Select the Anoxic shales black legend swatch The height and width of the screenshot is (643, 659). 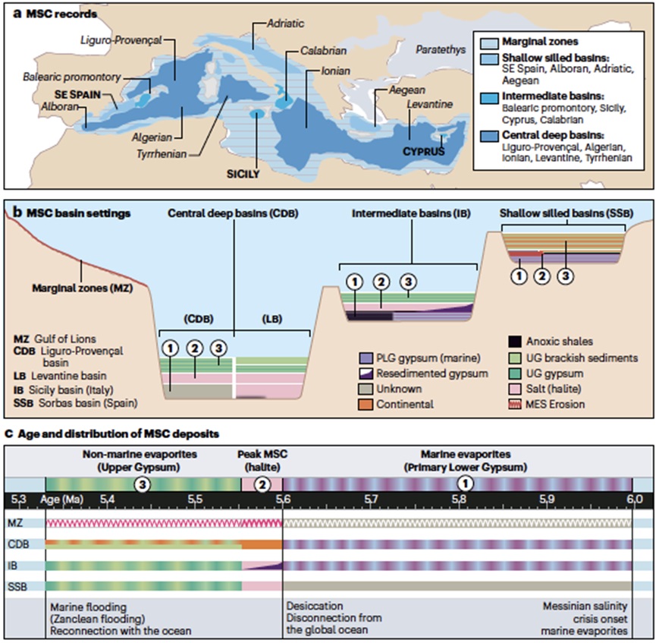point(516,341)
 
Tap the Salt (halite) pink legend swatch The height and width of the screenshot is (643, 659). point(516,389)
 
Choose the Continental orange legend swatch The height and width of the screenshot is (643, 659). point(369,404)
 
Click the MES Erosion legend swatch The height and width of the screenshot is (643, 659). point(516,404)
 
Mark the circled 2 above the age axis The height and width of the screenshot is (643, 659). point(262,483)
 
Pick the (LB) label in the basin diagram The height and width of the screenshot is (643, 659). point(270,320)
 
